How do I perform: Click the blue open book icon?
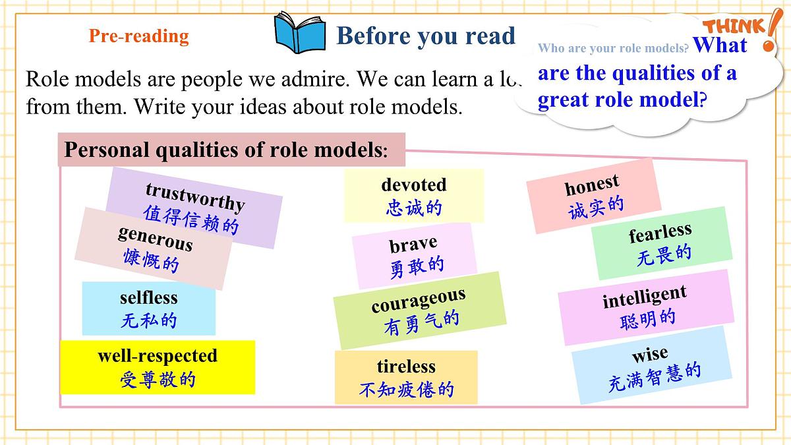tap(300, 33)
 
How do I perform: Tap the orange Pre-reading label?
tap(138, 36)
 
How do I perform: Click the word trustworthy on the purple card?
tap(195, 196)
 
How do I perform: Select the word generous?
tap(156, 238)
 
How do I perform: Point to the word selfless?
tap(149, 298)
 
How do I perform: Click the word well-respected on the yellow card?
tap(158, 356)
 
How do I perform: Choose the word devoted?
tap(414, 185)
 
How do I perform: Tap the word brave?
tap(413, 245)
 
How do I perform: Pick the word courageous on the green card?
tap(419, 300)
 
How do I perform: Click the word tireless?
tap(406, 367)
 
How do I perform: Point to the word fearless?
tap(660, 233)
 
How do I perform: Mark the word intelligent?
tap(645, 297)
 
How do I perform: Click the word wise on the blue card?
tap(650, 355)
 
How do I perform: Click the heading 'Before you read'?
tap(426, 36)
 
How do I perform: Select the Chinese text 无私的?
tap(149, 321)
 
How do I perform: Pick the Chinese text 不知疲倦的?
tap(407, 390)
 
